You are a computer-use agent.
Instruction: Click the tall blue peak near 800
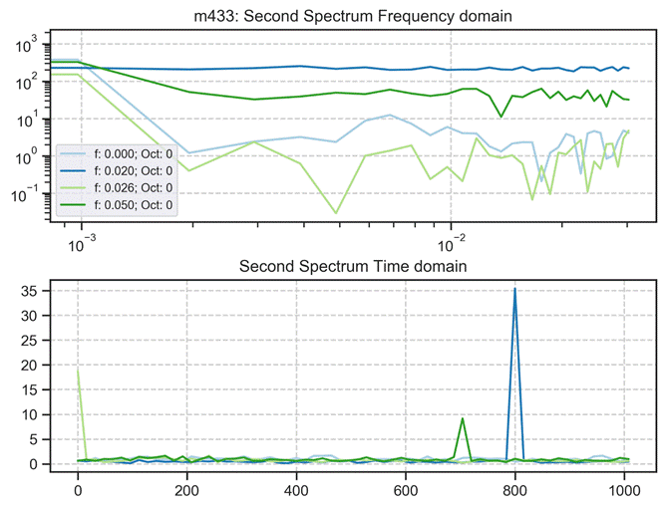click(x=514, y=289)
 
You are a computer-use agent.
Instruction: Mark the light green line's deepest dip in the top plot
click(x=336, y=212)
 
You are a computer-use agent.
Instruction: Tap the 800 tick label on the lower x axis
click(x=514, y=490)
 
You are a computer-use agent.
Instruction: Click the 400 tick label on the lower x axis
click(x=296, y=490)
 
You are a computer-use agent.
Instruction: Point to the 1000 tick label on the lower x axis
click(x=623, y=490)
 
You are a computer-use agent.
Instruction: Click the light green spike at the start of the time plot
click(x=78, y=371)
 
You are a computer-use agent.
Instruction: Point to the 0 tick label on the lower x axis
click(x=78, y=490)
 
